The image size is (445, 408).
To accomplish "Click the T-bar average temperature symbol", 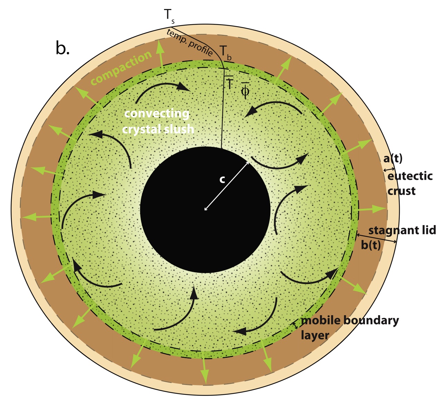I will coord(229,83).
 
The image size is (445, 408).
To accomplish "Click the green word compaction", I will coord(121,68).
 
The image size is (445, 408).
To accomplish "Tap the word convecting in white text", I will coord(157,114).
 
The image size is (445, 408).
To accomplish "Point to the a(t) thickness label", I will coord(393,159).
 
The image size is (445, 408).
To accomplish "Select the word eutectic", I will coord(410,176).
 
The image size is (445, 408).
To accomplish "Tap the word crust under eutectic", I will coord(401,191).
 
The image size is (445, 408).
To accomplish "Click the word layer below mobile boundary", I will coord(315,335).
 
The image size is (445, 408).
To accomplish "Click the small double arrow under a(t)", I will coord(389,169).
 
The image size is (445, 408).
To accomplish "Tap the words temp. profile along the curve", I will coord(190,43).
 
